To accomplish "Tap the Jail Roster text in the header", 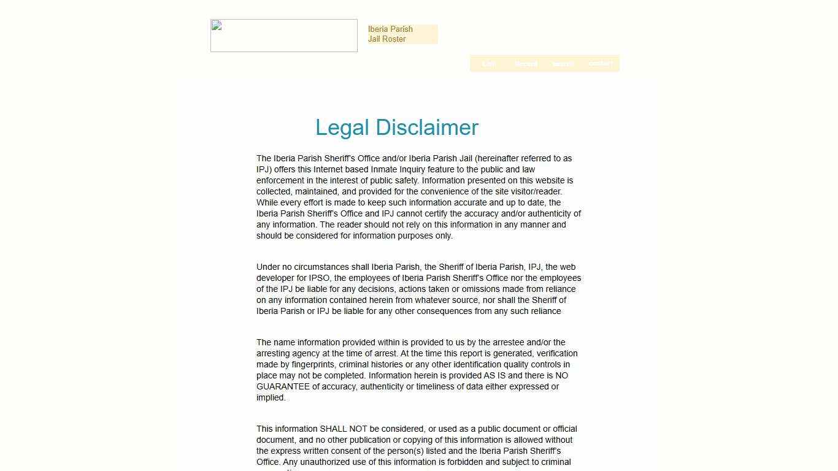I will pyautogui.click(x=387, y=39).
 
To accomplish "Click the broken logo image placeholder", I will pyautogui.click(x=284, y=36).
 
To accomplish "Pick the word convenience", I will pyautogui.click(x=445, y=191).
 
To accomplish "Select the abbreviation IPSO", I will pyautogui.click(x=320, y=278).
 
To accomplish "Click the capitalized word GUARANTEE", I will pyautogui.click(x=283, y=386).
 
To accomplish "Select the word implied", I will pyautogui.click(x=271, y=397).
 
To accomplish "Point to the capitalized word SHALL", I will pyautogui.click(x=333, y=429).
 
